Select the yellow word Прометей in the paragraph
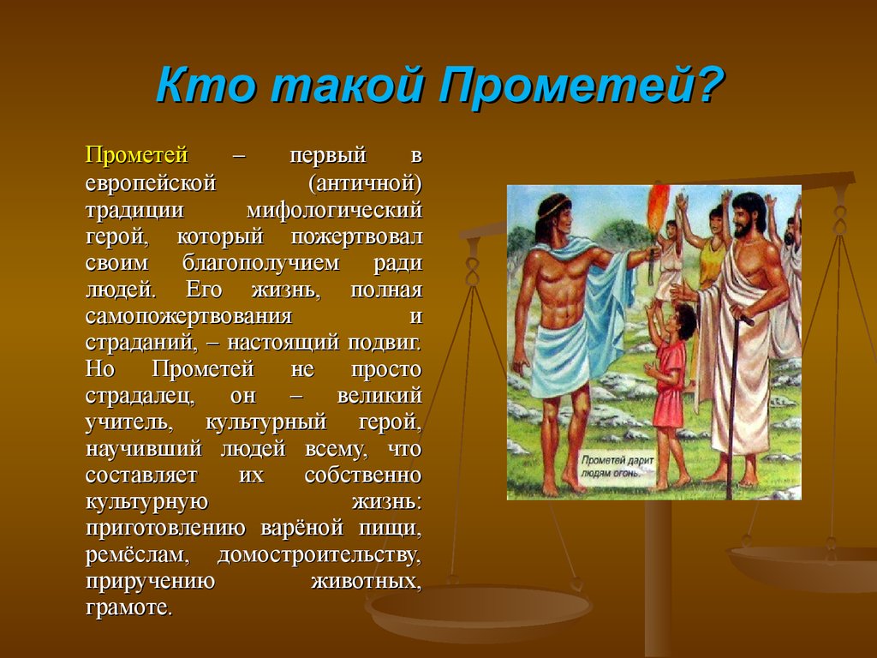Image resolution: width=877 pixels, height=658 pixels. click(136, 155)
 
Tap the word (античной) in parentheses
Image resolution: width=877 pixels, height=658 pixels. click(365, 182)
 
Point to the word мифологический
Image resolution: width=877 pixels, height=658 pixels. click(335, 211)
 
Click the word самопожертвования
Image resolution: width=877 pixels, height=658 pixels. click(189, 316)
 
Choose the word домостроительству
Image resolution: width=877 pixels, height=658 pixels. click(319, 555)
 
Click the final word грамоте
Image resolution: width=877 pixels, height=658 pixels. click(128, 607)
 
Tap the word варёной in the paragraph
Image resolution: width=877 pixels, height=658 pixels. click(302, 528)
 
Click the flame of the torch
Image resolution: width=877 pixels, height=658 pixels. click(658, 208)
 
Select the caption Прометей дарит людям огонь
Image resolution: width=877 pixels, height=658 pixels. click(617, 466)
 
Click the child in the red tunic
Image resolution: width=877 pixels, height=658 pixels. click(671, 392)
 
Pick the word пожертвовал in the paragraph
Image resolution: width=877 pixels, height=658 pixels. click(356, 237)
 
